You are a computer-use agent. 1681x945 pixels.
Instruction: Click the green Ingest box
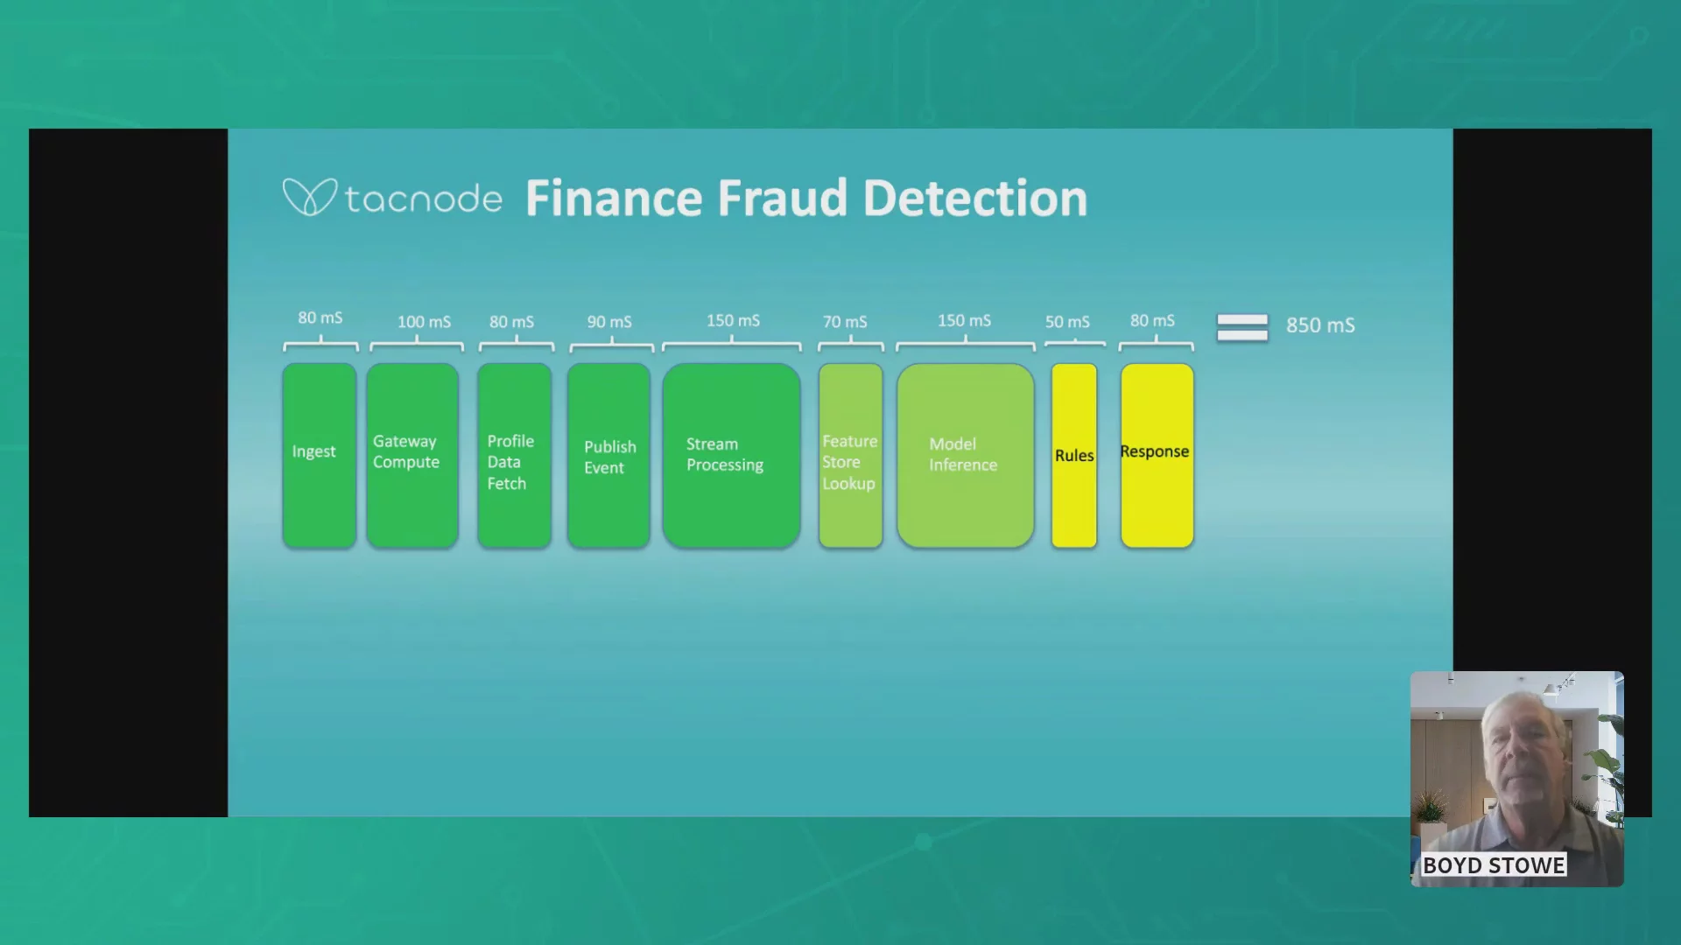pyautogui.click(x=319, y=456)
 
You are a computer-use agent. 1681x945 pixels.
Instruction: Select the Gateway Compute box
pyautogui.click(x=412, y=456)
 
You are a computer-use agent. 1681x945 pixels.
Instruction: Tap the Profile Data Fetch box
pyautogui.click(x=515, y=456)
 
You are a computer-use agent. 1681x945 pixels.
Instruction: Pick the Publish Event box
pyautogui.click(x=608, y=456)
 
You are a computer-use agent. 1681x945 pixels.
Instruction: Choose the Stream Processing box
pyautogui.click(x=731, y=456)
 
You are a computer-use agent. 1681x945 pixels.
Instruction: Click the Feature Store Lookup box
pyautogui.click(x=850, y=456)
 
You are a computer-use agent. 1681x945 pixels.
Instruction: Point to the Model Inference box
pyautogui.click(x=966, y=456)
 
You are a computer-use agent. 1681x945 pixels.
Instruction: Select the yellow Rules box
pyautogui.click(x=1074, y=456)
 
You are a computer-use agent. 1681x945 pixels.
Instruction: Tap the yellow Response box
pyautogui.click(x=1157, y=456)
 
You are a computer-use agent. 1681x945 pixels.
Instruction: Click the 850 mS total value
pyautogui.click(x=1320, y=325)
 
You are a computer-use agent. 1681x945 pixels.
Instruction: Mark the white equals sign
pyautogui.click(x=1242, y=327)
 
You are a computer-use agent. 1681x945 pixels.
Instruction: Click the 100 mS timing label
pyautogui.click(x=425, y=322)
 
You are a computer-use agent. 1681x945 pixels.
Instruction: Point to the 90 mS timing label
pyautogui.click(x=609, y=322)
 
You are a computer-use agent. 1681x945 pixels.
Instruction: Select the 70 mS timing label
pyautogui.click(x=845, y=322)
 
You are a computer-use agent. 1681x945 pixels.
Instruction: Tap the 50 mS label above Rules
pyautogui.click(x=1067, y=322)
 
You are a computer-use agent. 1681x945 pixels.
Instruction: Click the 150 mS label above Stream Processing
pyautogui.click(x=734, y=320)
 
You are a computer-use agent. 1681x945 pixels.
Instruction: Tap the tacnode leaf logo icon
pyautogui.click(x=309, y=197)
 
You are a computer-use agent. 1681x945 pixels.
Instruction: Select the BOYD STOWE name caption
pyautogui.click(x=1494, y=865)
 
